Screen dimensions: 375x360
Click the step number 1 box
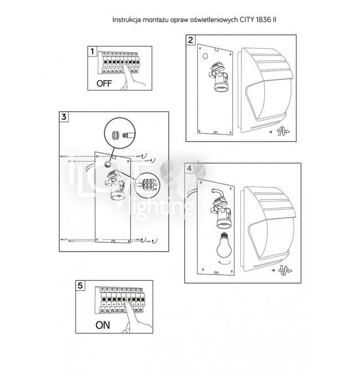92,50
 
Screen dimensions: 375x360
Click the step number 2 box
190,40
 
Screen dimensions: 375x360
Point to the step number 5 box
81,285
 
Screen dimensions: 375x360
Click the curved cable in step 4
217,193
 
